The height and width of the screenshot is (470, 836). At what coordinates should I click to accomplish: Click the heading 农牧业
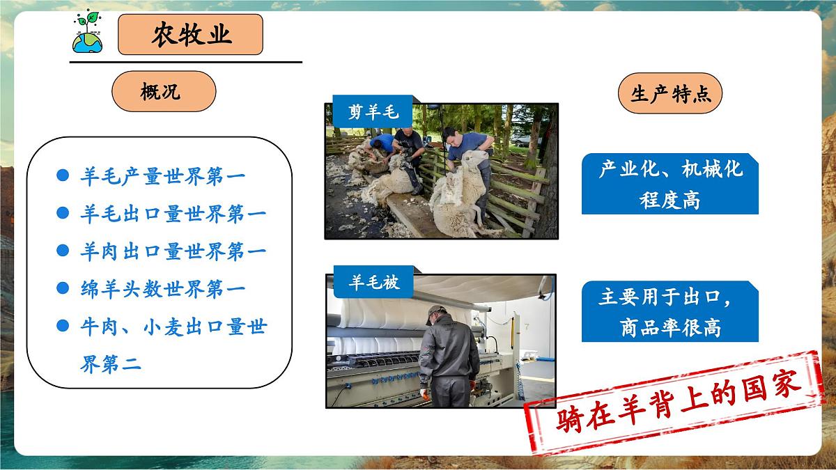tap(190, 35)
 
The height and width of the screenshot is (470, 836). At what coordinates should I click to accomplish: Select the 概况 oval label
tap(164, 91)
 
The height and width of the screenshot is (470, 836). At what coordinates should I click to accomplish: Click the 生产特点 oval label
tap(669, 93)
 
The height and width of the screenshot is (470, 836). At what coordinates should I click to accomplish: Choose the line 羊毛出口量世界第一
tap(172, 214)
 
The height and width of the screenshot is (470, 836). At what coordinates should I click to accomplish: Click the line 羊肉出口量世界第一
tap(172, 251)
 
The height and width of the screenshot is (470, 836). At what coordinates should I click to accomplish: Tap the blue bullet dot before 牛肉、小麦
tap(63, 325)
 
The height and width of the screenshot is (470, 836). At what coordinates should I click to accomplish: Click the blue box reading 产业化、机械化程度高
tap(669, 184)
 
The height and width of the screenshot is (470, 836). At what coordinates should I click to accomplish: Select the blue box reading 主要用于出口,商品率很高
tap(669, 311)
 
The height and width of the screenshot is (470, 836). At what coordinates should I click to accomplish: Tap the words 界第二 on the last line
tap(111, 363)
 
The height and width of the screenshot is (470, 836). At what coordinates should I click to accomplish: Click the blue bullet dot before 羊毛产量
tap(63, 176)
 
